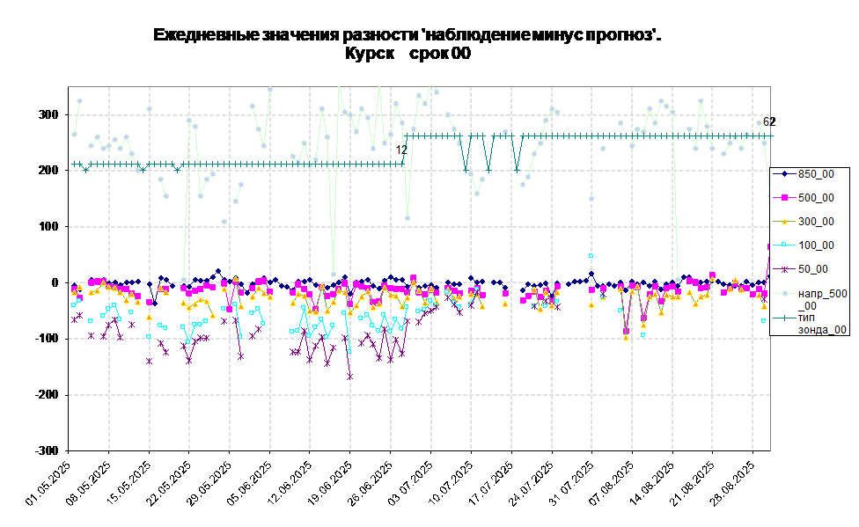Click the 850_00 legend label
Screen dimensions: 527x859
(x=816, y=174)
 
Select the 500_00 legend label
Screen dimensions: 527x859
(x=816, y=198)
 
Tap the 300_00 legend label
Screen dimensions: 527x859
(x=816, y=222)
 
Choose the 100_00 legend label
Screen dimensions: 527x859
(x=816, y=245)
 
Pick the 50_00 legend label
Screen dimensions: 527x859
(x=813, y=269)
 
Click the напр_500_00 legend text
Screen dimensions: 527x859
(x=822, y=299)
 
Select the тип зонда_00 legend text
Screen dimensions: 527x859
(x=822, y=324)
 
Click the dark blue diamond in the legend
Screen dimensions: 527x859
(x=783, y=174)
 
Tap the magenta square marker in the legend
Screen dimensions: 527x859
(x=783, y=198)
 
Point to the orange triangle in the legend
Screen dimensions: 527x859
(x=783, y=222)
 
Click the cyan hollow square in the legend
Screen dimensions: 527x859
(x=783, y=245)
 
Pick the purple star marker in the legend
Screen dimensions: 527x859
(x=783, y=269)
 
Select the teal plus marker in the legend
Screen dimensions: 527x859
(x=783, y=318)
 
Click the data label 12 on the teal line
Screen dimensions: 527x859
(x=401, y=150)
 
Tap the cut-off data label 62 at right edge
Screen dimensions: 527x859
(x=767, y=122)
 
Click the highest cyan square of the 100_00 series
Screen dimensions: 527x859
(x=591, y=255)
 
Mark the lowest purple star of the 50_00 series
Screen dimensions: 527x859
(x=349, y=376)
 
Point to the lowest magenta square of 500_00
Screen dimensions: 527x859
(x=626, y=331)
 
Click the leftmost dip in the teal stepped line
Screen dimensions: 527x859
(x=85, y=170)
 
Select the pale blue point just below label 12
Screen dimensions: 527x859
(x=407, y=218)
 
